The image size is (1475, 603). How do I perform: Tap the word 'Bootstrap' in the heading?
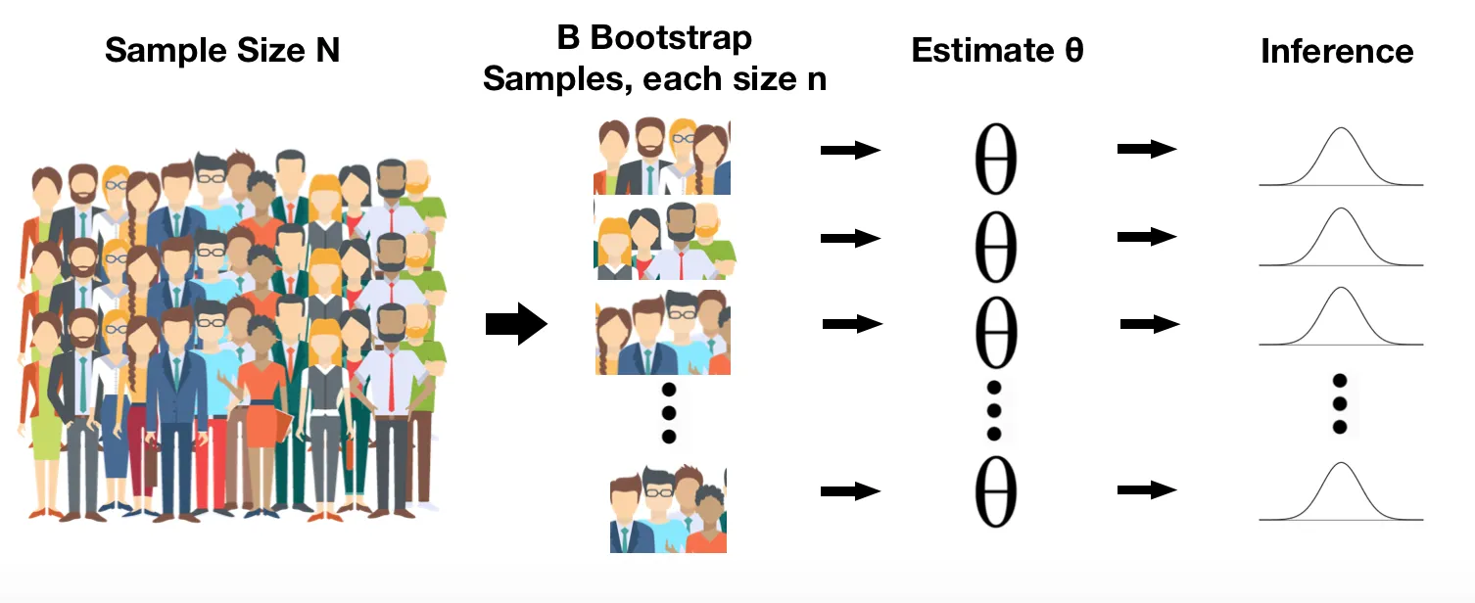coord(670,38)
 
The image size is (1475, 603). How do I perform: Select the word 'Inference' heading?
coord(1337,51)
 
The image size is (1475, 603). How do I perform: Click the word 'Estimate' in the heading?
coord(982,50)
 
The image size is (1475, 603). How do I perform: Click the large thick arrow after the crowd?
coord(516,324)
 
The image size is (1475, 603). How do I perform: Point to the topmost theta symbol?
coord(996,159)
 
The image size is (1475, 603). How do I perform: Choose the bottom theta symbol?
coord(996,491)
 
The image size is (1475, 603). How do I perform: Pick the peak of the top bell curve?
coord(1342,127)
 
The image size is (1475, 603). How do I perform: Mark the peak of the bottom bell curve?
coord(1342,463)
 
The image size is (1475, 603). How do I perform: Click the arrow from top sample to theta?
coord(850,150)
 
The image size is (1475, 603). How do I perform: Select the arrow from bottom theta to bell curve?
coord(1147,489)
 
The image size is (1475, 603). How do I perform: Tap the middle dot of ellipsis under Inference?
coord(1340,403)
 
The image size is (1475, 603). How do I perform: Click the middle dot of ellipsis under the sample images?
coord(669,413)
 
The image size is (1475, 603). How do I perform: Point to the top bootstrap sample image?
coord(662,157)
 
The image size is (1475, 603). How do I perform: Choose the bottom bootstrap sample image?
coord(668,509)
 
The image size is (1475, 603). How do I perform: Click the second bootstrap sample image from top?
coord(664,241)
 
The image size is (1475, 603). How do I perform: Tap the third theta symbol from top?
coord(996,333)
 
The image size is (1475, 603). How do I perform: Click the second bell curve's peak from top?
coord(1342,209)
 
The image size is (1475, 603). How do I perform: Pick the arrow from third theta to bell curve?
coord(1150,324)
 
